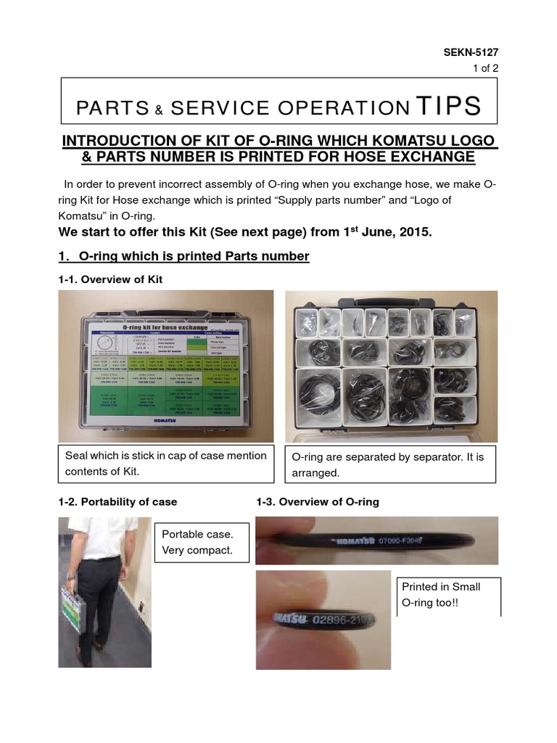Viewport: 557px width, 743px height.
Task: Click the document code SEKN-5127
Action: (471, 52)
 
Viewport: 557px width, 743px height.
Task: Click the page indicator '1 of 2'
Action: (484, 68)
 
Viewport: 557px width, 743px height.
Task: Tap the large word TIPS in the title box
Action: (448, 106)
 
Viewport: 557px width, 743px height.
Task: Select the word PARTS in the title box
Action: (112, 108)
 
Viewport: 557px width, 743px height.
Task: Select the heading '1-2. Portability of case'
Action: (117, 501)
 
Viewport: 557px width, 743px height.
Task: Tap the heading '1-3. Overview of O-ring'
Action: (318, 501)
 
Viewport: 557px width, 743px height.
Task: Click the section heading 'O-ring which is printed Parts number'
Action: (194, 256)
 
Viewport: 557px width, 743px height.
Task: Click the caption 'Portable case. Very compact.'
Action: (199, 542)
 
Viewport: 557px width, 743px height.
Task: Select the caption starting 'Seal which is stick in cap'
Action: (166, 463)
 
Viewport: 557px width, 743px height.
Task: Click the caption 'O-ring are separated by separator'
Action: (390, 464)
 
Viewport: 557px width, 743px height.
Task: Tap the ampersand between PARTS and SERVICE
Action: (158, 110)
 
